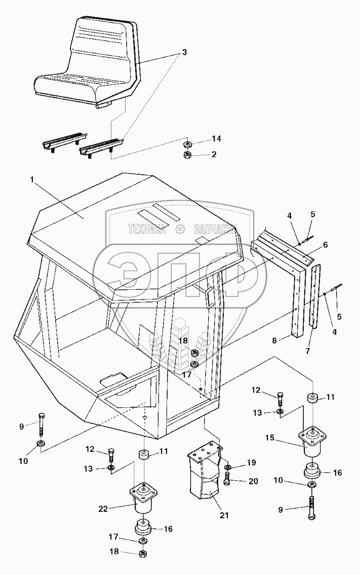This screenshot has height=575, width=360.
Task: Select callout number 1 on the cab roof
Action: coord(33,180)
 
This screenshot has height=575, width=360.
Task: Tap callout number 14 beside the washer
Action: coord(216,138)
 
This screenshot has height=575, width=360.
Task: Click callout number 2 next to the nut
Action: coord(214,154)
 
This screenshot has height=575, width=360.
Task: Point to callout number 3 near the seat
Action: coord(184,52)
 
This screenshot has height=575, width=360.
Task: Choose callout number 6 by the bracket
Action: coord(325,245)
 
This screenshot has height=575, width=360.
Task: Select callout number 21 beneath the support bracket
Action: coord(224,515)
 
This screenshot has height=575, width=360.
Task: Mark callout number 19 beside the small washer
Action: coord(252,463)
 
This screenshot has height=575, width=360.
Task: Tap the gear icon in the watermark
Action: coord(179,229)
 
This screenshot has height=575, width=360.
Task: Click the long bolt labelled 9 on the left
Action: coord(42,424)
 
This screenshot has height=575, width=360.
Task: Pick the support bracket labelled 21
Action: coord(206,471)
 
